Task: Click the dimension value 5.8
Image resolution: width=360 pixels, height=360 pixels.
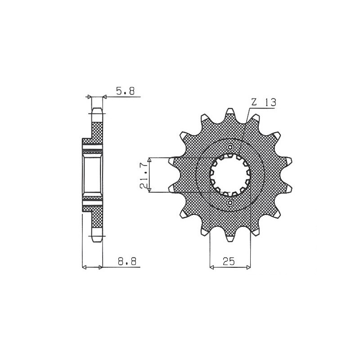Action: [x=125, y=91]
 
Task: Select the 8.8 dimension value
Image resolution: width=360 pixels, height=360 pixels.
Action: [x=127, y=261]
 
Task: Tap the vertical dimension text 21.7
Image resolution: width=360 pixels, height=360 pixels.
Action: [x=143, y=175]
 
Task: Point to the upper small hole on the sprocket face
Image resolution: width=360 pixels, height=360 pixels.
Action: [x=230, y=148]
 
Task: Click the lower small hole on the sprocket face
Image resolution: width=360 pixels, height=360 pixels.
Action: [x=230, y=203]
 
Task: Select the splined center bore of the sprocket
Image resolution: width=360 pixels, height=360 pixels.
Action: [x=230, y=175]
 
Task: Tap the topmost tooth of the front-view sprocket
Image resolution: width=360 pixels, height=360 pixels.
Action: [x=230, y=113]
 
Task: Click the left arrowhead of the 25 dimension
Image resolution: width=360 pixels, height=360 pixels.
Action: [x=212, y=268]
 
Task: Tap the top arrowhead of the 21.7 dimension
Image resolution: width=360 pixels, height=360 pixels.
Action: [x=150, y=160]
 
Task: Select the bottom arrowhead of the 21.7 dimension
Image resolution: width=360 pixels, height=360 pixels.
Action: [x=150, y=190]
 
